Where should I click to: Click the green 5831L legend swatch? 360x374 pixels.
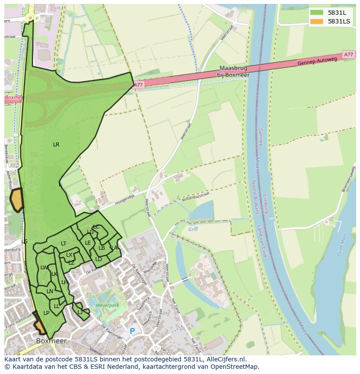(317, 13)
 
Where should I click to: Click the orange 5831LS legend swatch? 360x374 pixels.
(317, 21)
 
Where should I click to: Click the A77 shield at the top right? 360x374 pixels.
(348, 55)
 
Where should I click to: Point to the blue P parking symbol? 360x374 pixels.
(132, 331)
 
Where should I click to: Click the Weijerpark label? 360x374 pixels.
(107, 305)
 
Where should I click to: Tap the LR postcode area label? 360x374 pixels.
(56, 145)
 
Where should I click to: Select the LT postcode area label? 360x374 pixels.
(63, 244)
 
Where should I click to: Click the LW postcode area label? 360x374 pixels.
(44, 268)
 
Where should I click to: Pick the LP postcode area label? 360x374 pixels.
(46, 313)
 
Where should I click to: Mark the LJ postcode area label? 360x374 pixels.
(80, 312)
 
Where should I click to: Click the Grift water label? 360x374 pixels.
(193, 229)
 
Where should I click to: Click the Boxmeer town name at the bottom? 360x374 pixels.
(51, 341)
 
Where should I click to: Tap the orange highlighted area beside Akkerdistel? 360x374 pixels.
(17, 200)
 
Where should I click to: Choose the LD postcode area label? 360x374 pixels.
(99, 259)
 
